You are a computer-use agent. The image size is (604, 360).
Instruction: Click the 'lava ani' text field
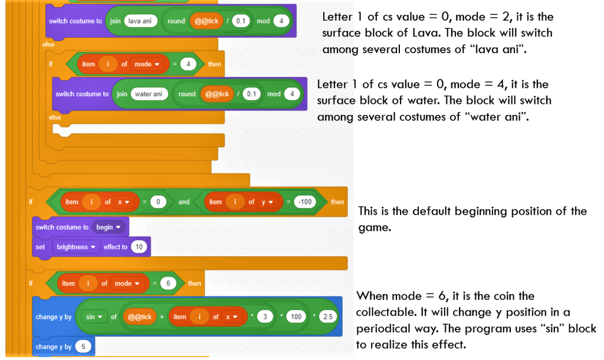(x=139, y=21)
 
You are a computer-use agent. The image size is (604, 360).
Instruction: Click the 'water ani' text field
(x=149, y=94)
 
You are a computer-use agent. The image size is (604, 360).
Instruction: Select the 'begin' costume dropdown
(x=108, y=227)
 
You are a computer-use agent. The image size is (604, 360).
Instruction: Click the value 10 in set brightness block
(x=139, y=247)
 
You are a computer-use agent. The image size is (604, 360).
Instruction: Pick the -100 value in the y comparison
(x=305, y=202)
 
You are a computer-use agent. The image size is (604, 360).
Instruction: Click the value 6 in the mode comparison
(x=168, y=283)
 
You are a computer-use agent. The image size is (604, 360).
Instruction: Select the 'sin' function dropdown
(x=93, y=317)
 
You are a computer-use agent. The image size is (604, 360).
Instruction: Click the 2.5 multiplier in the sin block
(x=327, y=317)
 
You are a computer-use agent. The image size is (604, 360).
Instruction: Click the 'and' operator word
(x=184, y=202)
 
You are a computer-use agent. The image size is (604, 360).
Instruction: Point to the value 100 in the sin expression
(x=296, y=317)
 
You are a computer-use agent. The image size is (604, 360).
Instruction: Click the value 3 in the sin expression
(x=265, y=317)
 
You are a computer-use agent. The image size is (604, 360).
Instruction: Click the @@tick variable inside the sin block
(x=140, y=317)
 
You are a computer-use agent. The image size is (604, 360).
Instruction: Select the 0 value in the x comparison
(x=158, y=202)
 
